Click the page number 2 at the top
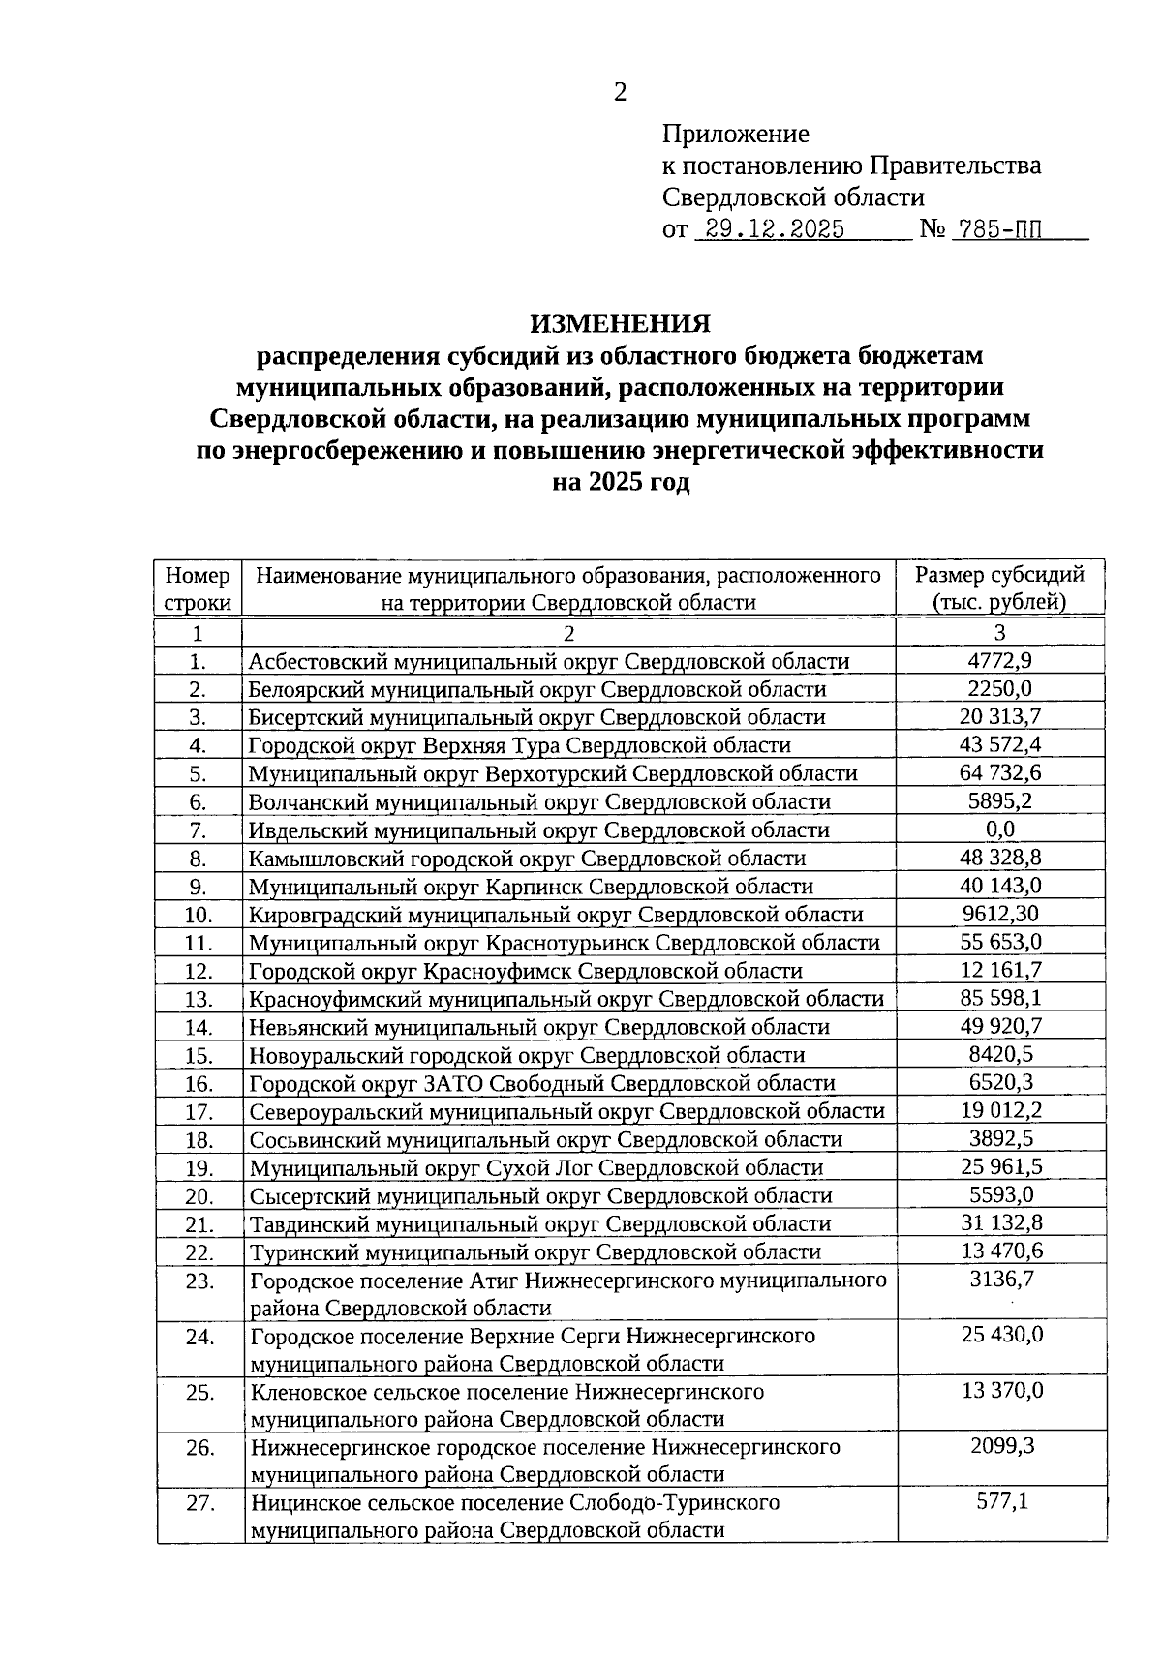[621, 93]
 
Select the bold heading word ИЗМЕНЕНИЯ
[620, 322]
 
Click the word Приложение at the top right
[735, 134]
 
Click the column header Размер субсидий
[999, 575]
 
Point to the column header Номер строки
[198, 588]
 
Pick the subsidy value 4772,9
[999, 661]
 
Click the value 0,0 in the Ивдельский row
[999, 829]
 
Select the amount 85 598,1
[1000, 998]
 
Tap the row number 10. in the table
[198, 915]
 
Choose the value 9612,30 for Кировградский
[1000, 914]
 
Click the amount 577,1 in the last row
[1000, 1501]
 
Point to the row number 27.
[199, 1504]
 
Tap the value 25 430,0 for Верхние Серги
[1000, 1335]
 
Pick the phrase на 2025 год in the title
[620, 482]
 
